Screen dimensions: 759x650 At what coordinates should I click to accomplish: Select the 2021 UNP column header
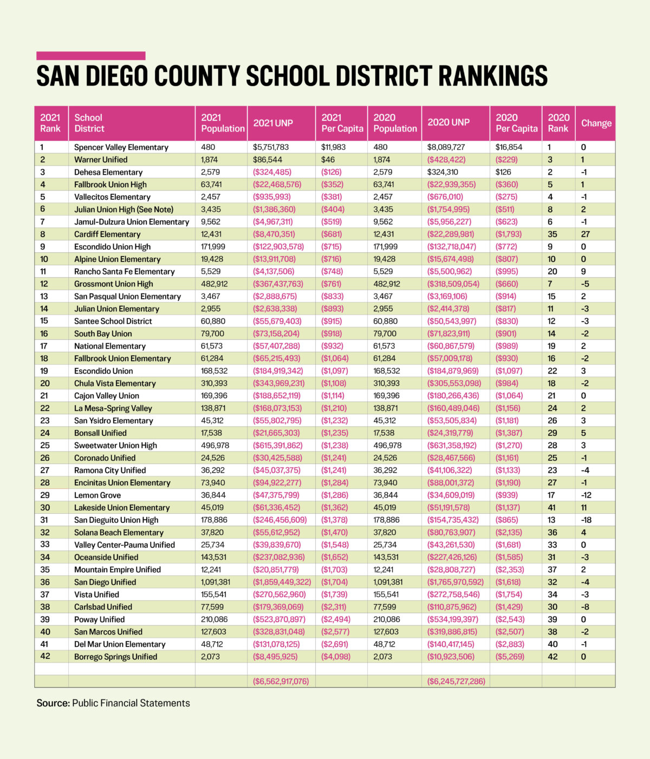273,123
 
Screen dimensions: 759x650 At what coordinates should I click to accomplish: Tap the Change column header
596,123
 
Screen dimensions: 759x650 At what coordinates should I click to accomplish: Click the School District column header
89,123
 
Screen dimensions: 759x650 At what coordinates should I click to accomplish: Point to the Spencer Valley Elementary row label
121,147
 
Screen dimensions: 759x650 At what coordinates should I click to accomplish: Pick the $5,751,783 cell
271,147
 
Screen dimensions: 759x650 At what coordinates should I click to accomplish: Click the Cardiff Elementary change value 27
586,234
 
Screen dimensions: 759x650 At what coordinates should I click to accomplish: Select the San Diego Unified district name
105,582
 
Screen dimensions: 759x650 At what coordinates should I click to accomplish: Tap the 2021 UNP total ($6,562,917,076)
281,681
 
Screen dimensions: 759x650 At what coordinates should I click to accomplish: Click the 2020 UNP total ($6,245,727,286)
456,681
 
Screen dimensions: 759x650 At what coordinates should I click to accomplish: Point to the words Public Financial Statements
131,703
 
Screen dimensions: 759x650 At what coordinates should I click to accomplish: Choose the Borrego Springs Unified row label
115,657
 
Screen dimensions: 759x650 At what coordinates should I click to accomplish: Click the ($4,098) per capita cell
336,657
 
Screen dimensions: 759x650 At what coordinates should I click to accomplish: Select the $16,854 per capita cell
509,147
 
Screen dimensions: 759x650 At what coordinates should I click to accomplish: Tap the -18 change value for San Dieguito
586,520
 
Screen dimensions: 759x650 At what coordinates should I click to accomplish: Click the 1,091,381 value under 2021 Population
215,582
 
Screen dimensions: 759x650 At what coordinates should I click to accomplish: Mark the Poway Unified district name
99,619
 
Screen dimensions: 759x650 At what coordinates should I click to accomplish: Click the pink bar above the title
91,56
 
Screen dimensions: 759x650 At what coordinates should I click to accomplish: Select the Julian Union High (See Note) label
123,210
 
